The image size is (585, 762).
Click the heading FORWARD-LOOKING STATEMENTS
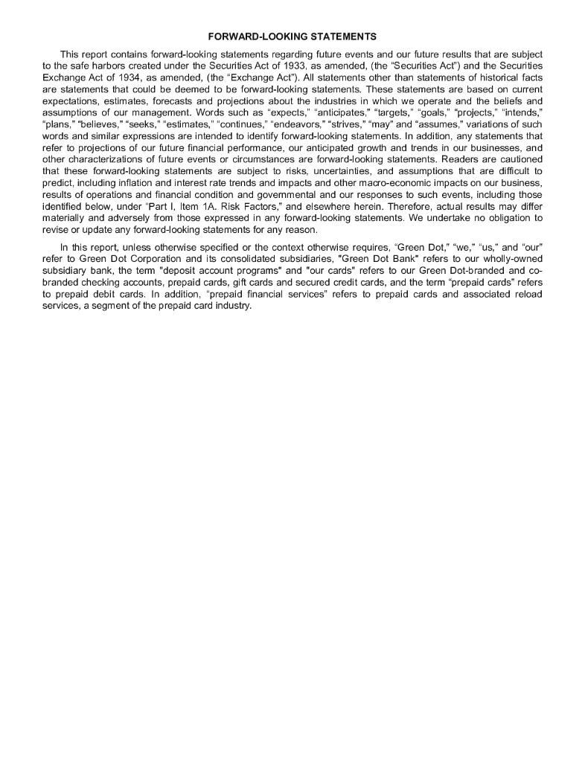pos(292,36)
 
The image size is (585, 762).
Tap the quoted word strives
pos(354,128)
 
